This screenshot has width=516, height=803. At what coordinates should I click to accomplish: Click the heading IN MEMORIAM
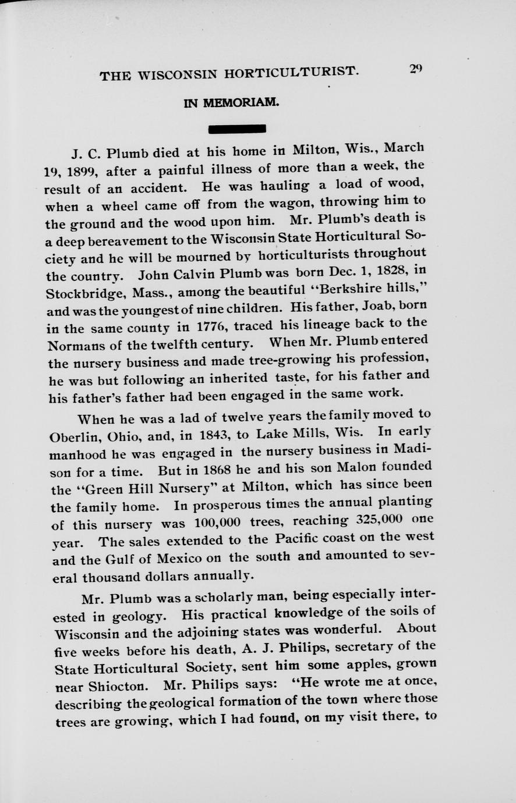click(231, 103)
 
